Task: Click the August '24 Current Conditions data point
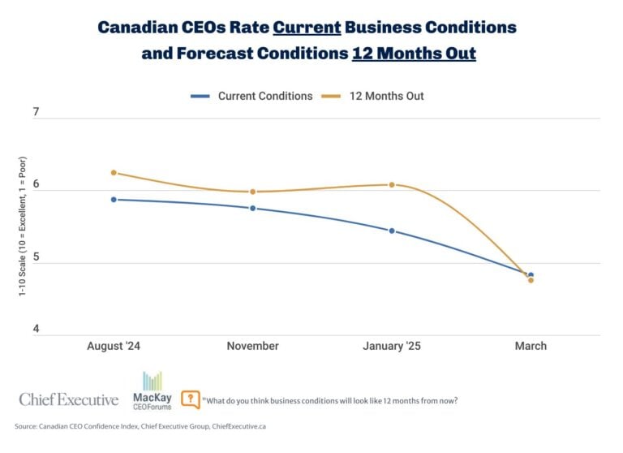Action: pyautogui.click(x=114, y=199)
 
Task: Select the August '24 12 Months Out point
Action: pyautogui.click(x=114, y=172)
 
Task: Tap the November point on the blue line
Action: pyautogui.click(x=252, y=208)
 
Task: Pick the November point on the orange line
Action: pyautogui.click(x=252, y=192)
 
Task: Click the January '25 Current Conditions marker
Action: pyautogui.click(x=392, y=231)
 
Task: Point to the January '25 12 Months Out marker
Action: pyautogui.click(x=392, y=184)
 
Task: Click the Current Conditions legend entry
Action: pyautogui.click(x=252, y=96)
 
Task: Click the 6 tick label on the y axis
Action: pyautogui.click(x=36, y=184)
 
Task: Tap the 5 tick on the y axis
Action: pyautogui.click(x=36, y=257)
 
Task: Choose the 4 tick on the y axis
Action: pyautogui.click(x=36, y=329)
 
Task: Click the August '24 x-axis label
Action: pyautogui.click(x=114, y=346)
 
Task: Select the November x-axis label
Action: pyautogui.click(x=252, y=346)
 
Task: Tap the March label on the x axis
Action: pyautogui.click(x=531, y=346)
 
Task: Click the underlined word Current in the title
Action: pyautogui.click(x=307, y=27)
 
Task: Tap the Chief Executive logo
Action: pyautogui.click(x=69, y=399)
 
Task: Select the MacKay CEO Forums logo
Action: pyautogui.click(x=152, y=390)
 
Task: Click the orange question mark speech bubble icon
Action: pyautogui.click(x=191, y=399)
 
